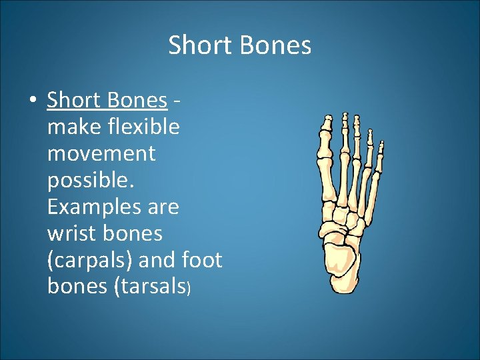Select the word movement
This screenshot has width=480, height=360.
click(101, 153)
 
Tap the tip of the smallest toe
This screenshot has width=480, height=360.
click(381, 143)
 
